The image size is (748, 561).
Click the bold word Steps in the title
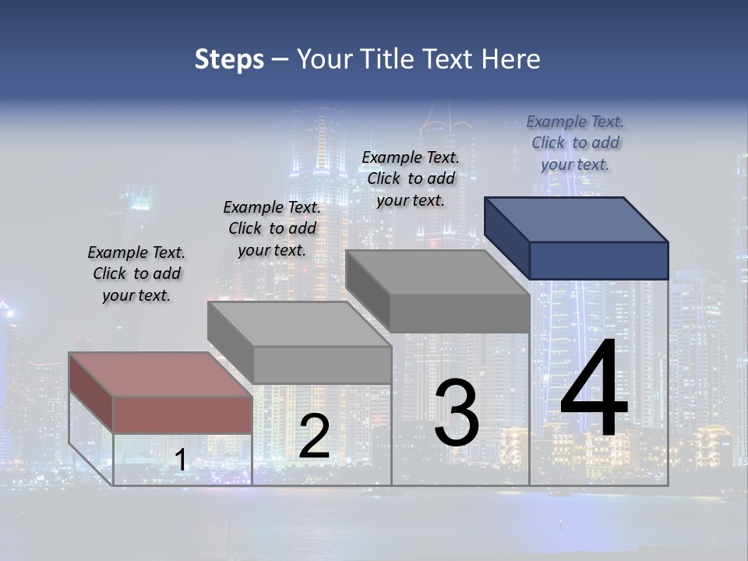click(229, 59)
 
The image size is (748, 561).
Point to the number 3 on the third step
click(457, 413)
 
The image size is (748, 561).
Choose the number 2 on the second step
click(314, 436)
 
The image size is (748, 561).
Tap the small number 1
click(180, 460)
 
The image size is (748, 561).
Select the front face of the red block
click(182, 415)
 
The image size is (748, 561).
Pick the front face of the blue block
click(598, 260)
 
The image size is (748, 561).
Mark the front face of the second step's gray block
click(322, 365)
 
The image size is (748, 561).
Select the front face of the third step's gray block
click(459, 313)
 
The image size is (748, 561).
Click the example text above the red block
click(136, 273)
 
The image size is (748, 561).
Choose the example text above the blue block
click(575, 143)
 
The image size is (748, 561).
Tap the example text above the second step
click(272, 228)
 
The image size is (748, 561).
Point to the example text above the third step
click(411, 178)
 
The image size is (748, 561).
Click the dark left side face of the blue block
click(506, 238)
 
